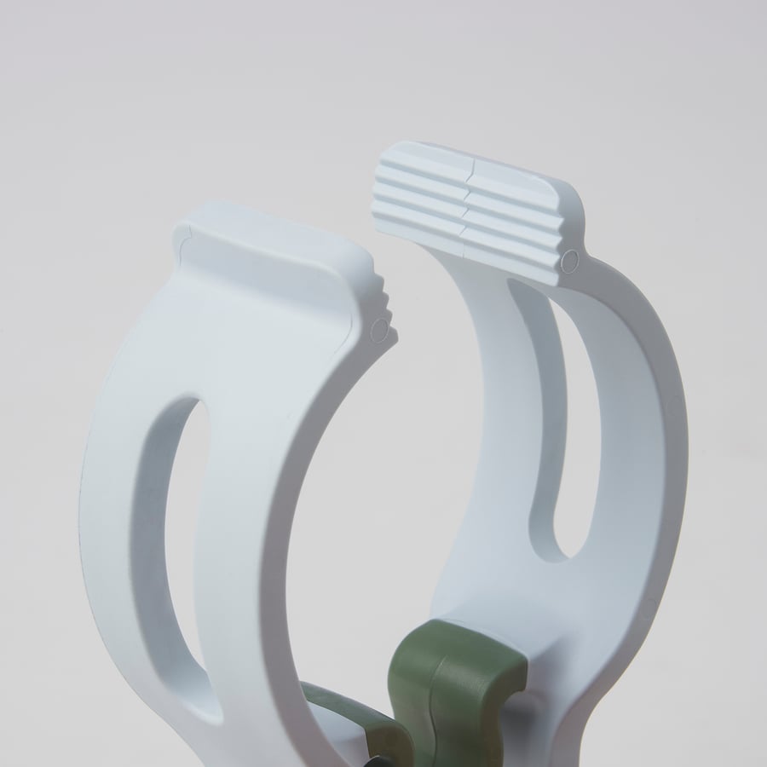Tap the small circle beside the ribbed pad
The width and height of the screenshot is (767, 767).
(571, 258)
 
